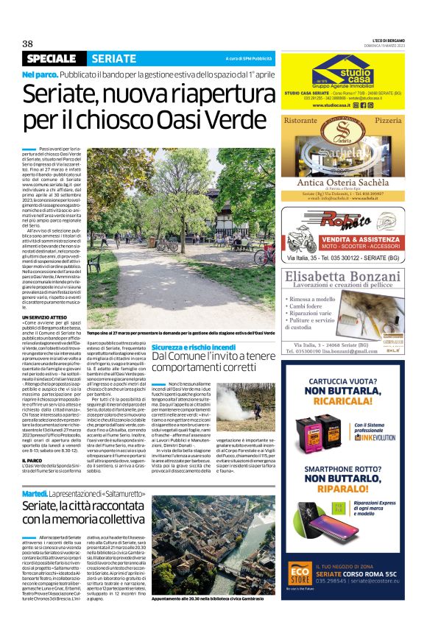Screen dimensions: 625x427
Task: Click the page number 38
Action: pyautogui.click(x=29, y=44)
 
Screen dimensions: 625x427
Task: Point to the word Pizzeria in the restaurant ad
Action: pyautogui.click(x=394, y=119)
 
